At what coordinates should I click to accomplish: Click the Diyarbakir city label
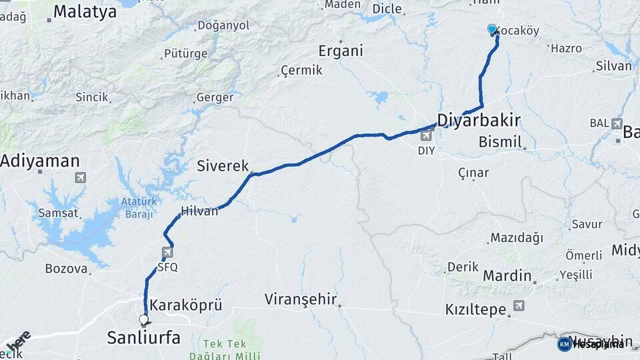tap(478, 120)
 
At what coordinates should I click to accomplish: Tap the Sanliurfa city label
tap(143, 338)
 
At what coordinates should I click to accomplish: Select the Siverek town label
tap(223, 166)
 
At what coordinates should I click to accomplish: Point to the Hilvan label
tap(199, 211)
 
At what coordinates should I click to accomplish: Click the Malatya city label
tap(85, 11)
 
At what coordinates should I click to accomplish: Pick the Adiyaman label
tap(40, 161)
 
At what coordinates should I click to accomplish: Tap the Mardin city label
tap(507, 275)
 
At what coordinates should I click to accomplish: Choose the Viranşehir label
tap(300, 299)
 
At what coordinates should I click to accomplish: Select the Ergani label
tap(340, 51)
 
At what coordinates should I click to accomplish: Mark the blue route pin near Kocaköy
tap(492, 29)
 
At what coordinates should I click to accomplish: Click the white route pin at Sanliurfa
tap(143, 320)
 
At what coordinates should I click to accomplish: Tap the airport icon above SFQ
tap(167, 253)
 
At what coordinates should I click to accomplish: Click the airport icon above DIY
tap(425, 137)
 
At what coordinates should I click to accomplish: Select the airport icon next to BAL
tap(617, 123)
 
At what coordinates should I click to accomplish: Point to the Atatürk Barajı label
tap(139, 207)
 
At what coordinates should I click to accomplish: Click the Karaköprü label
tap(186, 305)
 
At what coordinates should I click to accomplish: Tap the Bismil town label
tap(500, 142)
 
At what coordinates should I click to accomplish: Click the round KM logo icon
tap(564, 344)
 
